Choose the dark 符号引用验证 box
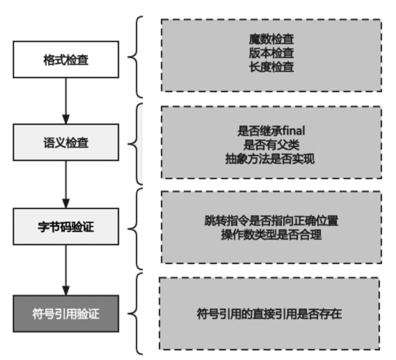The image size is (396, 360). click(x=65, y=314)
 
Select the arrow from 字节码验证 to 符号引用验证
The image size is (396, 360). click(x=65, y=270)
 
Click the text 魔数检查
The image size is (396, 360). click(x=271, y=39)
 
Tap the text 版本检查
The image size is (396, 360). click(x=271, y=53)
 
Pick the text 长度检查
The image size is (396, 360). click(x=271, y=67)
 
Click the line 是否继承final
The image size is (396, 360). click(x=271, y=131)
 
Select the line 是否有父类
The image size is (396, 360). click(x=271, y=145)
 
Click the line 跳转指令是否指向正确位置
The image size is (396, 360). click(x=271, y=220)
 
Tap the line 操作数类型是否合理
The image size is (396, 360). click(x=271, y=234)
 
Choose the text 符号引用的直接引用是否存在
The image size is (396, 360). click(x=269, y=314)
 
